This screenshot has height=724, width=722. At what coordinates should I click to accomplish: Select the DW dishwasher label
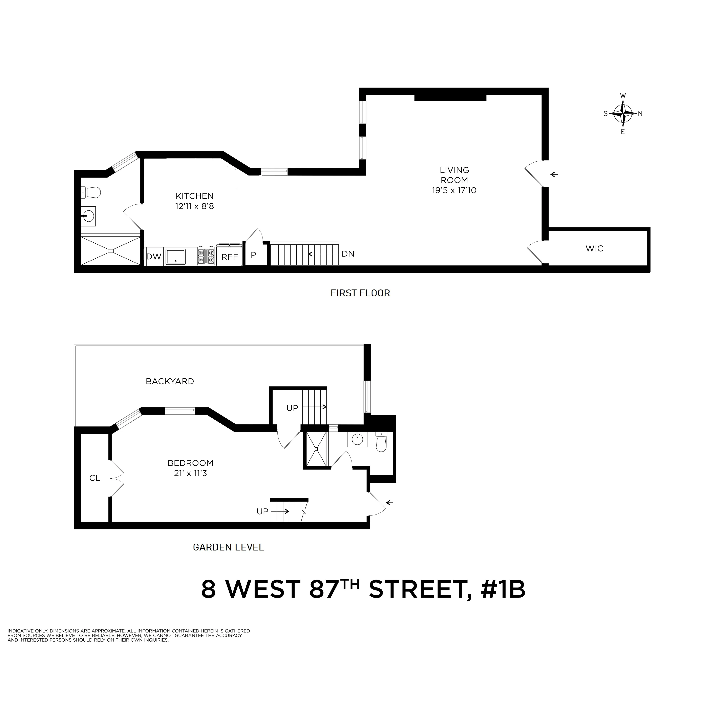tap(153, 257)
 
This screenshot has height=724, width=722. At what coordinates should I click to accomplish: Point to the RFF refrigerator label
tap(230, 257)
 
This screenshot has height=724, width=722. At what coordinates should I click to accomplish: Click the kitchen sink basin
tap(176, 257)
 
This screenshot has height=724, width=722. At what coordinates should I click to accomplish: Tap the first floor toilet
tap(91, 193)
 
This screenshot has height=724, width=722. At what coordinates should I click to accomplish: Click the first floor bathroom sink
tap(89, 216)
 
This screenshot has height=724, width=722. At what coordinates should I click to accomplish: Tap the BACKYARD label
tap(170, 381)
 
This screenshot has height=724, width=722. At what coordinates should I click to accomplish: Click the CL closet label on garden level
tap(95, 478)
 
